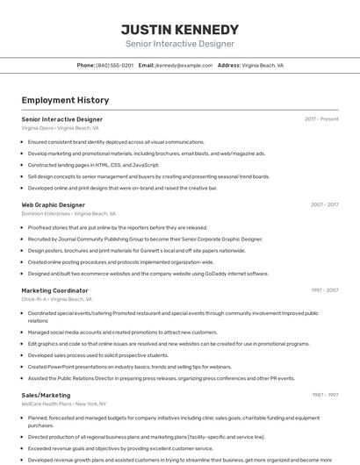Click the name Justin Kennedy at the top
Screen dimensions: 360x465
(179, 29)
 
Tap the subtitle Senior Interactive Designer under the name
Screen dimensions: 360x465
(179, 44)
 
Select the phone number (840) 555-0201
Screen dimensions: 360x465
(114, 65)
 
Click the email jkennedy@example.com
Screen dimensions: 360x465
(184, 65)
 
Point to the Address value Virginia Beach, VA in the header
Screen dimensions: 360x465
(263, 65)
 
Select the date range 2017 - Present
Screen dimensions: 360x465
(321, 119)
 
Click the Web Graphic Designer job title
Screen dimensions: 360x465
(54, 204)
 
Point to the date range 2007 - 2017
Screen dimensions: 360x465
(324, 204)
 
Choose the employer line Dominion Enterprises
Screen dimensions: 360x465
(68, 213)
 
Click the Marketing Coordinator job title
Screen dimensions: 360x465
(55, 290)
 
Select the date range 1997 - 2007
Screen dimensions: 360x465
(324, 290)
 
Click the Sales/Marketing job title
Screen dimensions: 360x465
(46, 395)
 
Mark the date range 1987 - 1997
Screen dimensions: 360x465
(324, 395)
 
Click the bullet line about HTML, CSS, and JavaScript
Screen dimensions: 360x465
(93, 164)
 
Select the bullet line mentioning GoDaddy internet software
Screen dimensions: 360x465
(148, 273)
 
